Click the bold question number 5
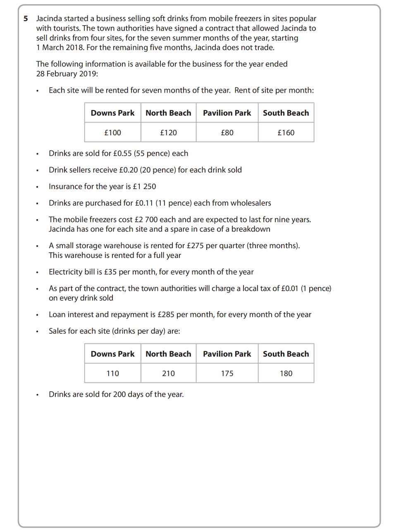coord(26,19)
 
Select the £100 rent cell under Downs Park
coord(112,133)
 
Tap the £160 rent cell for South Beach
coord(286,133)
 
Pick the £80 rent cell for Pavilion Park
coord(227,133)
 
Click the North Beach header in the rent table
coord(168,113)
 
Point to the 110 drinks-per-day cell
coord(112,374)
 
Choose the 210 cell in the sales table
coord(168,374)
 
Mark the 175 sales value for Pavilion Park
coord(227,374)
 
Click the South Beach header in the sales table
coord(286,354)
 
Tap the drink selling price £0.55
coord(122,153)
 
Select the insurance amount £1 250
coord(144,187)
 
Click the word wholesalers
coord(251,203)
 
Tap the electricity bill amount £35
coord(110,272)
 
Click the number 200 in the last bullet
coord(119,395)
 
